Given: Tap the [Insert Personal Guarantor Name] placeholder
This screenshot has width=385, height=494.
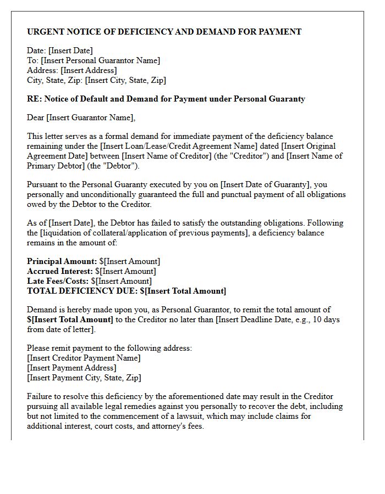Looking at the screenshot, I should tap(100, 60).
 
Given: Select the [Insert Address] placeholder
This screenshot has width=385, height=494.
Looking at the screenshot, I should tap(89, 70).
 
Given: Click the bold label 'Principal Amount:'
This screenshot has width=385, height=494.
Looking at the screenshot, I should tap(62, 261).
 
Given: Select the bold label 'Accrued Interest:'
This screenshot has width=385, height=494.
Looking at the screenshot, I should tap(59, 271).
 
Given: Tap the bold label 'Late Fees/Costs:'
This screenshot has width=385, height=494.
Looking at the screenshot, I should tap(58, 281).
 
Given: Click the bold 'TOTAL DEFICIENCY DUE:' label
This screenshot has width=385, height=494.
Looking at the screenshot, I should tap(82, 291).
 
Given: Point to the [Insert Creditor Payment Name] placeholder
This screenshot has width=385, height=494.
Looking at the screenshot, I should tap(84, 358).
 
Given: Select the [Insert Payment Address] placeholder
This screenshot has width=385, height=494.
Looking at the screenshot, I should tap(71, 368).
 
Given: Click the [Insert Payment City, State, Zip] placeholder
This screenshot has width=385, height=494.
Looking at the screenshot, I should tap(84, 378).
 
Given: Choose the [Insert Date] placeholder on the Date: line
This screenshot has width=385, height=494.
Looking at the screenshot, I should tap(71, 50).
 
